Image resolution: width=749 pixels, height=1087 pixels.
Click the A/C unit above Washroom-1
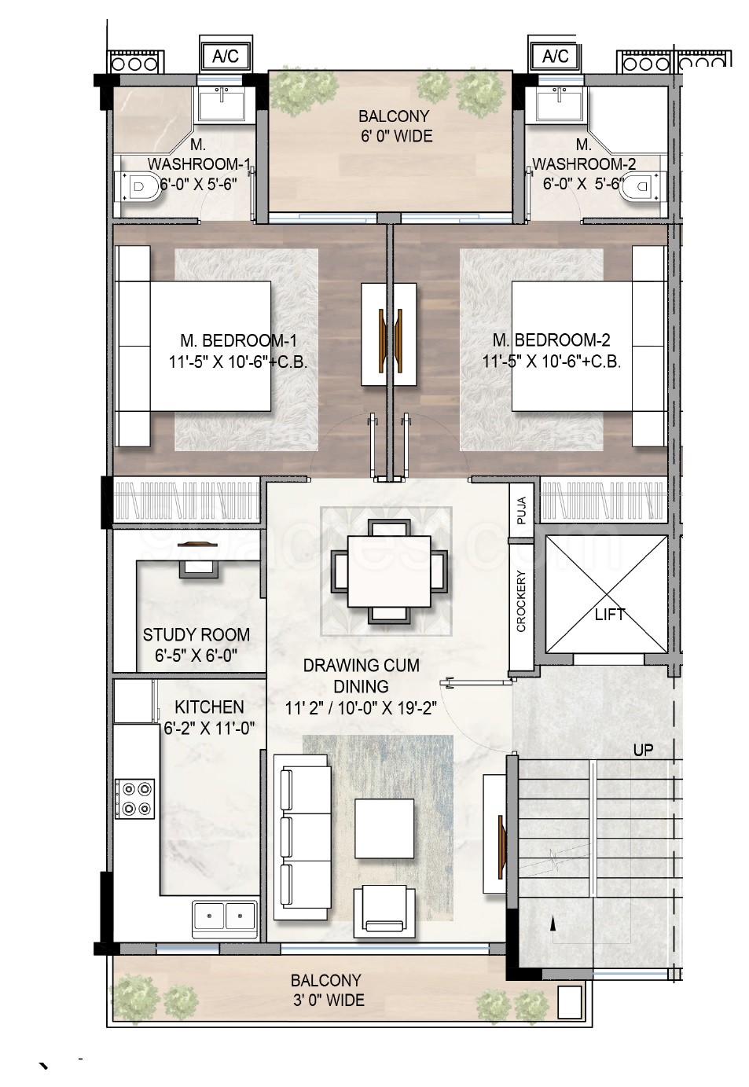pyautogui.click(x=226, y=57)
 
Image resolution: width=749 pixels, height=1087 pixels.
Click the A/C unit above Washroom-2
pyautogui.click(x=556, y=57)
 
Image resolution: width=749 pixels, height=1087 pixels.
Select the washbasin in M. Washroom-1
pyautogui.click(x=222, y=103)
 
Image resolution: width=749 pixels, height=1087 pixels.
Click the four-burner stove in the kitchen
pyautogui.click(x=135, y=799)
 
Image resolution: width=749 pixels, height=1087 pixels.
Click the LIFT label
pyautogui.click(x=609, y=615)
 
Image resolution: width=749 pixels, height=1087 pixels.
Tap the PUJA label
pyautogui.click(x=522, y=510)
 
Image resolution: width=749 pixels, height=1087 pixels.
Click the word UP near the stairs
pyautogui.click(x=643, y=751)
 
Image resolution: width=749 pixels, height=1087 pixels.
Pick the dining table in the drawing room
pyautogui.click(x=390, y=570)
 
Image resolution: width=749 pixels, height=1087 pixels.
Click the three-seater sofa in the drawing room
pyautogui.click(x=303, y=836)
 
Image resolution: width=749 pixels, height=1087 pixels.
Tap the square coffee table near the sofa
pyautogui.click(x=384, y=828)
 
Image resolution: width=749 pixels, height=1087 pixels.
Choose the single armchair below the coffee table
pyautogui.click(x=384, y=913)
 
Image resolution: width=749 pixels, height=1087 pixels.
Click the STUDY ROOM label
pyautogui.click(x=196, y=635)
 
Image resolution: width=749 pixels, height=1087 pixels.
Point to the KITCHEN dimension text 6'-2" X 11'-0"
pyautogui.click(x=209, y=729)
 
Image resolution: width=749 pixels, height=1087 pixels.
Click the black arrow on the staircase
pyautogui.click(x=553, y=925)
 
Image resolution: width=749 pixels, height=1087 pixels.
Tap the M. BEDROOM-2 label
pyautogui.click(x=552, y=340)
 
